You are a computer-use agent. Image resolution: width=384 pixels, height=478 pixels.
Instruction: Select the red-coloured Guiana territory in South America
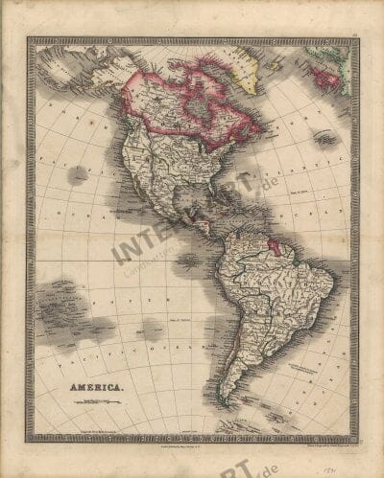click(276, 246)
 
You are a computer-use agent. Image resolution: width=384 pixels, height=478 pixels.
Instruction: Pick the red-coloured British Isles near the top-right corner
click(324, 78)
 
